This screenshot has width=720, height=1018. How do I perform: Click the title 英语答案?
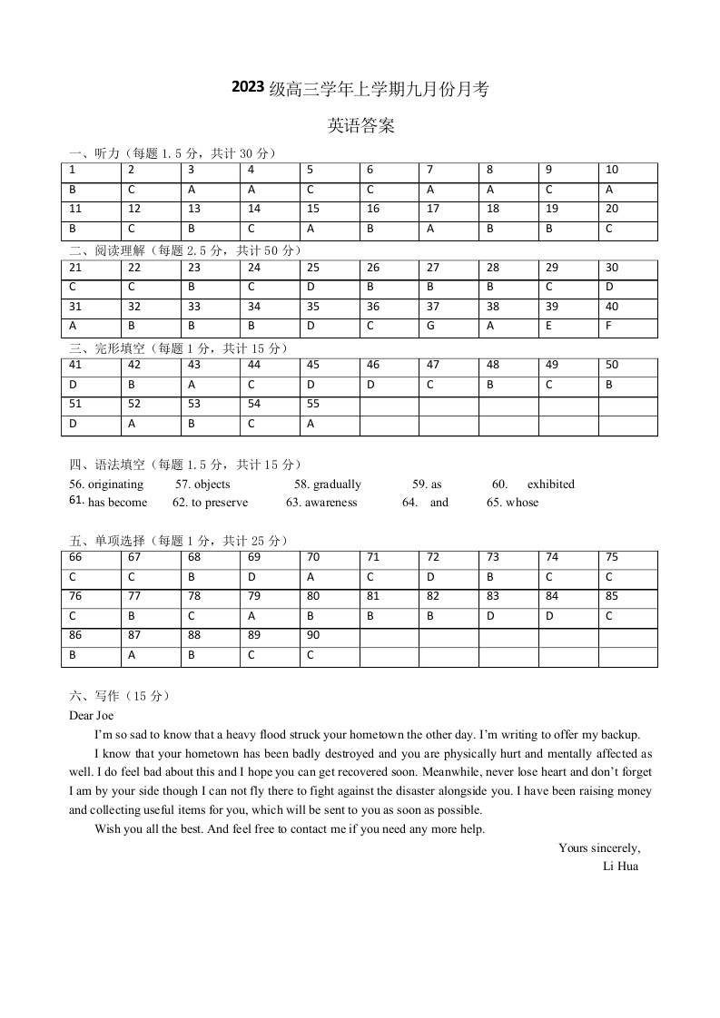coord(360,126)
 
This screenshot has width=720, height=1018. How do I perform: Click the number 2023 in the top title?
coord(248,87)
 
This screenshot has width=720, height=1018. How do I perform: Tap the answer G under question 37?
coord(432,326)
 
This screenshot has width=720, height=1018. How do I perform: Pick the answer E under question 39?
coord(549,326)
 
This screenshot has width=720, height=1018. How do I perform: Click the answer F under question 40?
coord(608,326)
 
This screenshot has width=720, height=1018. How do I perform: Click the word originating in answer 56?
coord(115,485)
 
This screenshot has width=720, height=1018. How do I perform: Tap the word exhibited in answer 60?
coord(550,485)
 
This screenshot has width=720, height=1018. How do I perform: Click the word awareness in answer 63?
coord(330,503)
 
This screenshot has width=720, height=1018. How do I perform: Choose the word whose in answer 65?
coord(522,503)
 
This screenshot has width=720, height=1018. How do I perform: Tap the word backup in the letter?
coord(618,735)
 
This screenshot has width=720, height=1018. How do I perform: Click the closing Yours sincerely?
coord(599,848)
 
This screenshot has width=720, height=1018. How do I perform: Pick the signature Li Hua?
coord(620,866)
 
